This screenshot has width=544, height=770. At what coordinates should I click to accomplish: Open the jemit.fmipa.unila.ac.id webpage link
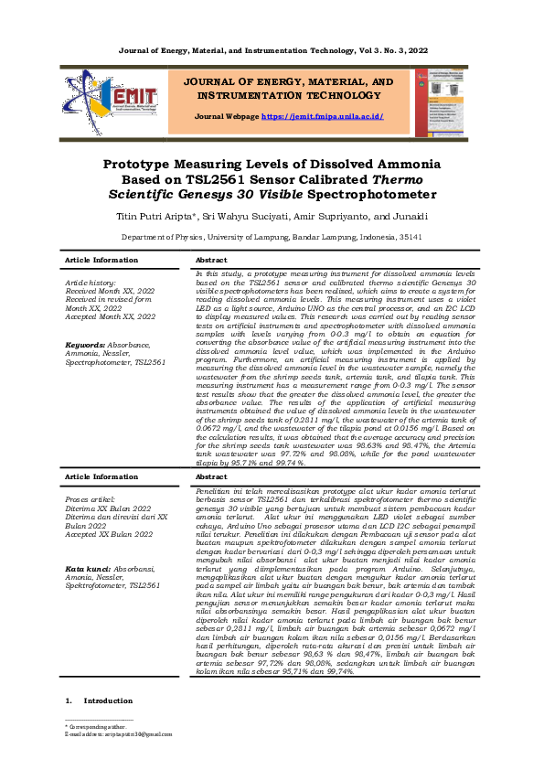(x=322, y=117)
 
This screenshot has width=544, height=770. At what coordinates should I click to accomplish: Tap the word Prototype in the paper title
(x=148, y=165)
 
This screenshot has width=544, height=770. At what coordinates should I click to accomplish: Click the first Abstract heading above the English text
(x=211, y=261)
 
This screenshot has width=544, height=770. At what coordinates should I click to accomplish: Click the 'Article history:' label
(x=90, y=283)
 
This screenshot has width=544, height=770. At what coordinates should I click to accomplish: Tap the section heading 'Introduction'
(x=108, y=700)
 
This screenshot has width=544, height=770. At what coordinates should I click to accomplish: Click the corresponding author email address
(x=124, y=733)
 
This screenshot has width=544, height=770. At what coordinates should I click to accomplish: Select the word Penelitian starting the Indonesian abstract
(x=216, y=491)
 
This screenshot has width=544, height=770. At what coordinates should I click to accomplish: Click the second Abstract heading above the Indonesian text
(x=211, y=476)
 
